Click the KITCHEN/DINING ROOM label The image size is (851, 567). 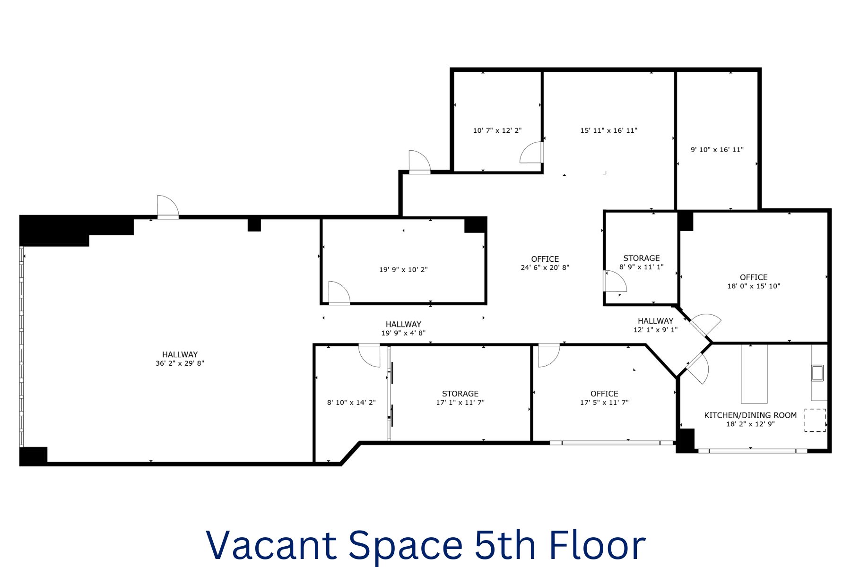pyautogui.click(x=750, y=415)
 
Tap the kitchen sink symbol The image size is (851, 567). pyautogui.click(x=817, y=373)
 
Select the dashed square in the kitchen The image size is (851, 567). pyautogui.click(x=815, y=420)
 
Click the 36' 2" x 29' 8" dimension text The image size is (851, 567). pyautogui.click(x=180, y=363)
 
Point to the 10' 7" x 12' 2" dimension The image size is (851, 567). pyautogui.click(x=497, y=130)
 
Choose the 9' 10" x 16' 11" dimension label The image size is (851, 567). pyautogui.click(x=717, y=150)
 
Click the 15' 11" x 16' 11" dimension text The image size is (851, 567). pyautogui.click(x=609, y=130)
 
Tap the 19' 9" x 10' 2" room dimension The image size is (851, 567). pyautogui.click(x=403, y=270)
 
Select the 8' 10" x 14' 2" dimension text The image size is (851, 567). pyautogui.click(x=351, y=403)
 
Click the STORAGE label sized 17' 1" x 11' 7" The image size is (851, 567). pyautogui.click(x=460, y=394)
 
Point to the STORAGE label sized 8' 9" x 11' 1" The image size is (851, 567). pyautogui.click(x=642, y=258)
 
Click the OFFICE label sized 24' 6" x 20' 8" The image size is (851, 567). pyautogui.click(x=545, y=259)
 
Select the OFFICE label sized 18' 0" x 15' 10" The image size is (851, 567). pyautogui.click(x=754, y=277)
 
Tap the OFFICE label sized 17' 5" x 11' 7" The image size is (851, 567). pyautogui.click(x=604, y=394)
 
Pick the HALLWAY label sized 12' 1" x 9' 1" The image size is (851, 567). pyautogui.click(x=655, y=321)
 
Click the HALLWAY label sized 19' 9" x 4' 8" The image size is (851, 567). pyautogui.click(x=403, y=324)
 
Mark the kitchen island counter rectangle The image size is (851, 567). pyautogui.click(x=754, y=374)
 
